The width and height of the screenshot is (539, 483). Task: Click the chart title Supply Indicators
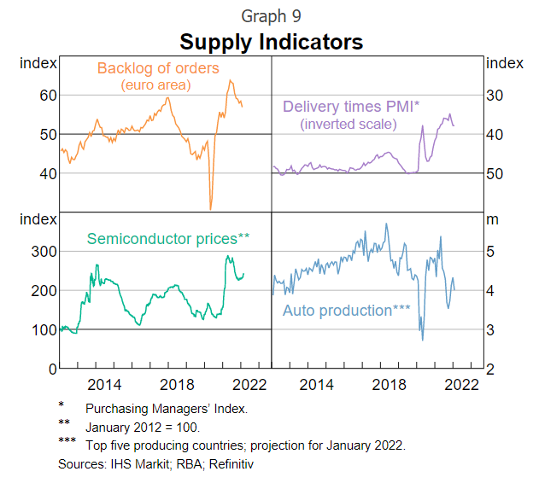(x=271, y=42)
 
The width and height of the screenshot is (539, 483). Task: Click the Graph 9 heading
(x=271, y=16)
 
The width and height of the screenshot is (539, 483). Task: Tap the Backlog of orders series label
(x=158, y=68)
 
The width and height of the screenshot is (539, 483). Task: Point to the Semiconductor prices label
(x=167, y=239)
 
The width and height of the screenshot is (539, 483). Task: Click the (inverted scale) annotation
(x=349, y=124)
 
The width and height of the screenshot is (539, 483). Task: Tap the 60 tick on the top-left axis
(x=48, y=95)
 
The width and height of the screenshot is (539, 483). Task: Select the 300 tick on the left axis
(x=44, y=251)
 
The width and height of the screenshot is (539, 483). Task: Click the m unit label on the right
(x=492, y=219)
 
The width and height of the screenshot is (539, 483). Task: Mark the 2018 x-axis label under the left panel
(x=175, y=384)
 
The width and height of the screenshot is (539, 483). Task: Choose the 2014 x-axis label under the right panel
(x=317, y=384)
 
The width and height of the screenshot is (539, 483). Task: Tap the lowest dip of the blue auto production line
(x=422, y=340)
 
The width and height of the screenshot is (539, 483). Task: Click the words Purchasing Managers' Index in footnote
(x=167, y=409)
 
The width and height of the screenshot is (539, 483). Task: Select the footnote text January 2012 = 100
(x=143, y=426)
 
